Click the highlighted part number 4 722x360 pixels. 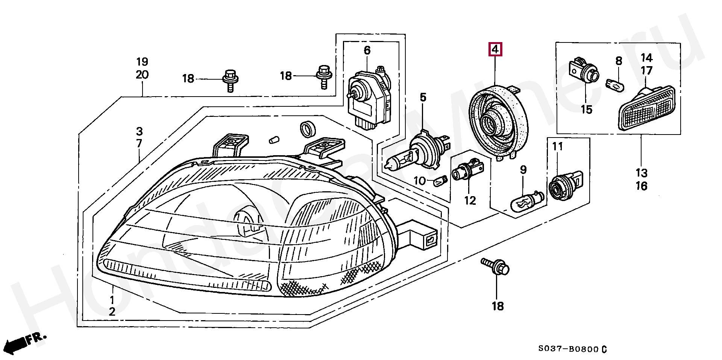pyautogui.click(x=495, y=49)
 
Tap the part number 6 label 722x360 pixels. pyautogui.click(x=367, y=50)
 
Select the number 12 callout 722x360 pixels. pyautogui.click(x=470, y=201)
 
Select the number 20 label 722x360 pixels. pyautogui.click(x=142, y=75)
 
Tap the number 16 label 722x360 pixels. pyautogui.click(x=642, y=186)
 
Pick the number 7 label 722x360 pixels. pyautogui.click(x=140, y=144)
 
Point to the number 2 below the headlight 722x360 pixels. pyautogui.click(x=112, y=312)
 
